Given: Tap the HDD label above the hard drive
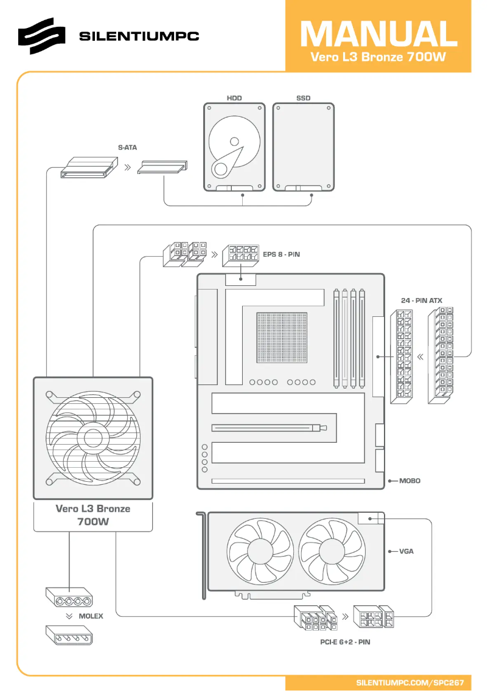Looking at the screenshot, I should (234, 97).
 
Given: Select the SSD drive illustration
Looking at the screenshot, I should (303, 146).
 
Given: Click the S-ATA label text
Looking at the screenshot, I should (128, 147).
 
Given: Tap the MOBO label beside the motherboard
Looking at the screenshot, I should (410, 481).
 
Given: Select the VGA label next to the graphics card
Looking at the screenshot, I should (406, 552).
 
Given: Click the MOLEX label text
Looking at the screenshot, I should (91, 616).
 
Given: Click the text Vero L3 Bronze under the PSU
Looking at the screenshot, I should (92, 509).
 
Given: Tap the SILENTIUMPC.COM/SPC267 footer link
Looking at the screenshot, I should (410, 682).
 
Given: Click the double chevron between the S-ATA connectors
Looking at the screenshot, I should (127, 166).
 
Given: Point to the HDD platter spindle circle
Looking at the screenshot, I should (234, 141).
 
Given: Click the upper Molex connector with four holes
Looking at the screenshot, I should (68, 597).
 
